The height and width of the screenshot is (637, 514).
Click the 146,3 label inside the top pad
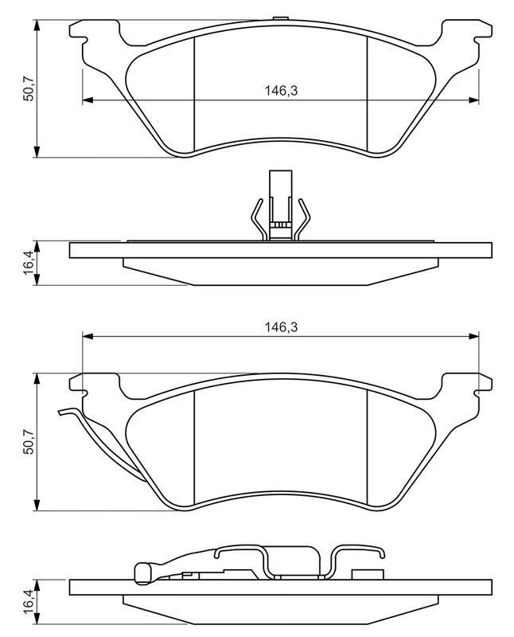click(x=281, y=92)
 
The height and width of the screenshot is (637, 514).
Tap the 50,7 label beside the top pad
click(x=28, y=88)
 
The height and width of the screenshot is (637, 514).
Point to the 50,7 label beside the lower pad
click(x=28, y=443)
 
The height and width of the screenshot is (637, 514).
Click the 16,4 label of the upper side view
click(x=29, y=264)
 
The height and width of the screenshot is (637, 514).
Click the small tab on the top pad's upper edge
click(x=278, y=19)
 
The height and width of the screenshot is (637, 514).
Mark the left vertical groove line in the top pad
click(x=195, y=96)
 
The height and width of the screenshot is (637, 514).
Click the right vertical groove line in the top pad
click(x=366, y=96)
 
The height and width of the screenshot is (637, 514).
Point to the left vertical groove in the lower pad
click(x=195, y=450)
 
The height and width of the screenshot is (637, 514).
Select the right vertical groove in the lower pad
click(x=366, y=450)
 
